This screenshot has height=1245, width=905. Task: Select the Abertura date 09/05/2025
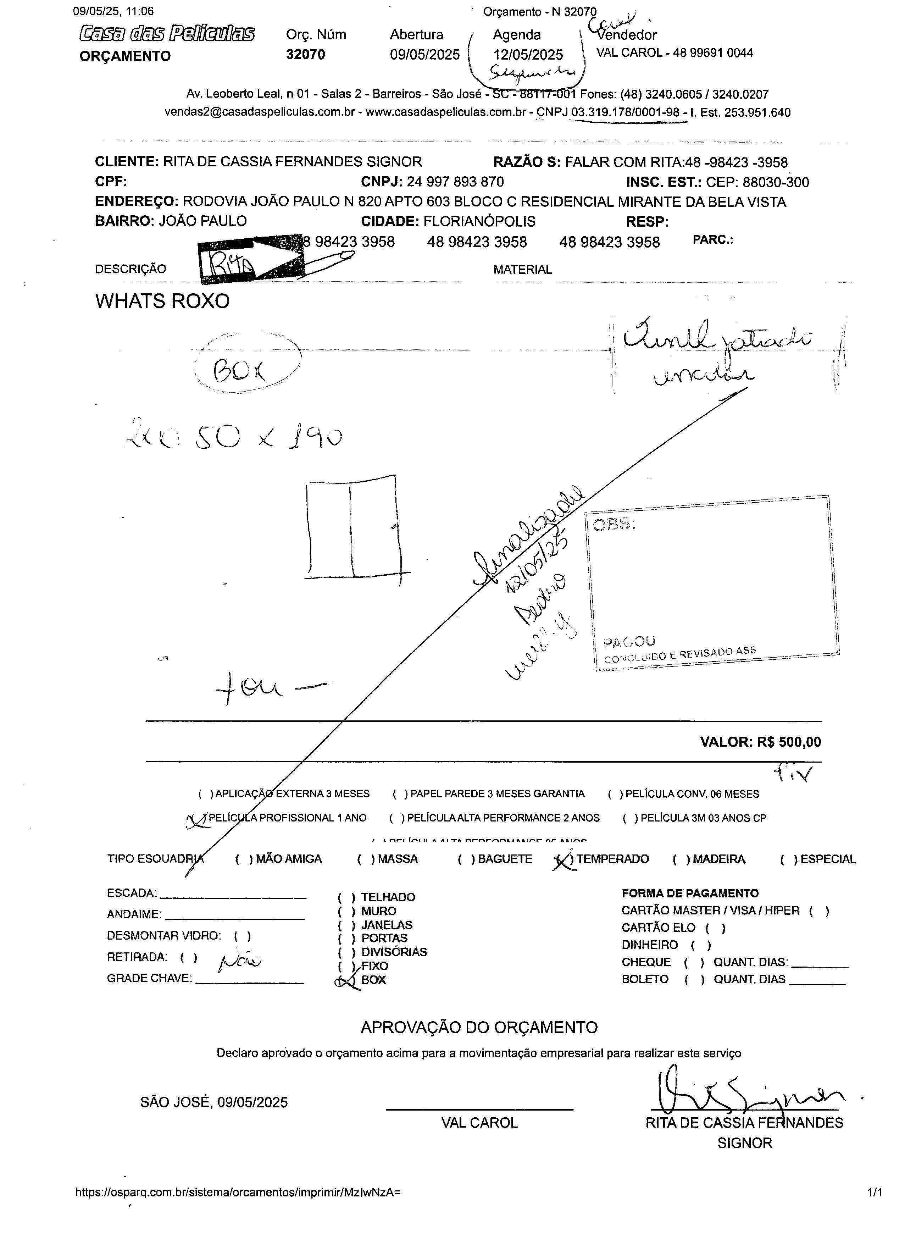pyautogui.click(x=424, y=54)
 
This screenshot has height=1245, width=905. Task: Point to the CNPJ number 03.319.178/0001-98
pyautogui.click(x=625, y=112)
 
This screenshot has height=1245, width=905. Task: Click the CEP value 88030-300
pyautogui.click(x=776, y=182)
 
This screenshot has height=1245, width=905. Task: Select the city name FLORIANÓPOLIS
pyautogui.click(x=479, y=221)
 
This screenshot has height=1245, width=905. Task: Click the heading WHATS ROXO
pyautogui.click(x=162, y=301)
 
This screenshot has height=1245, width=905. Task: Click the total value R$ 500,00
pyautogui.click(x=789, y=742)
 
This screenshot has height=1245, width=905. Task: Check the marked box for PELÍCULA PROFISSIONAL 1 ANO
pyautogui.click(x=197, y=819)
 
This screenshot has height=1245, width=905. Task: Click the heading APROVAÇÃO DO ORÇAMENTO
pyautogui.click(x=479, y=1028)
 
